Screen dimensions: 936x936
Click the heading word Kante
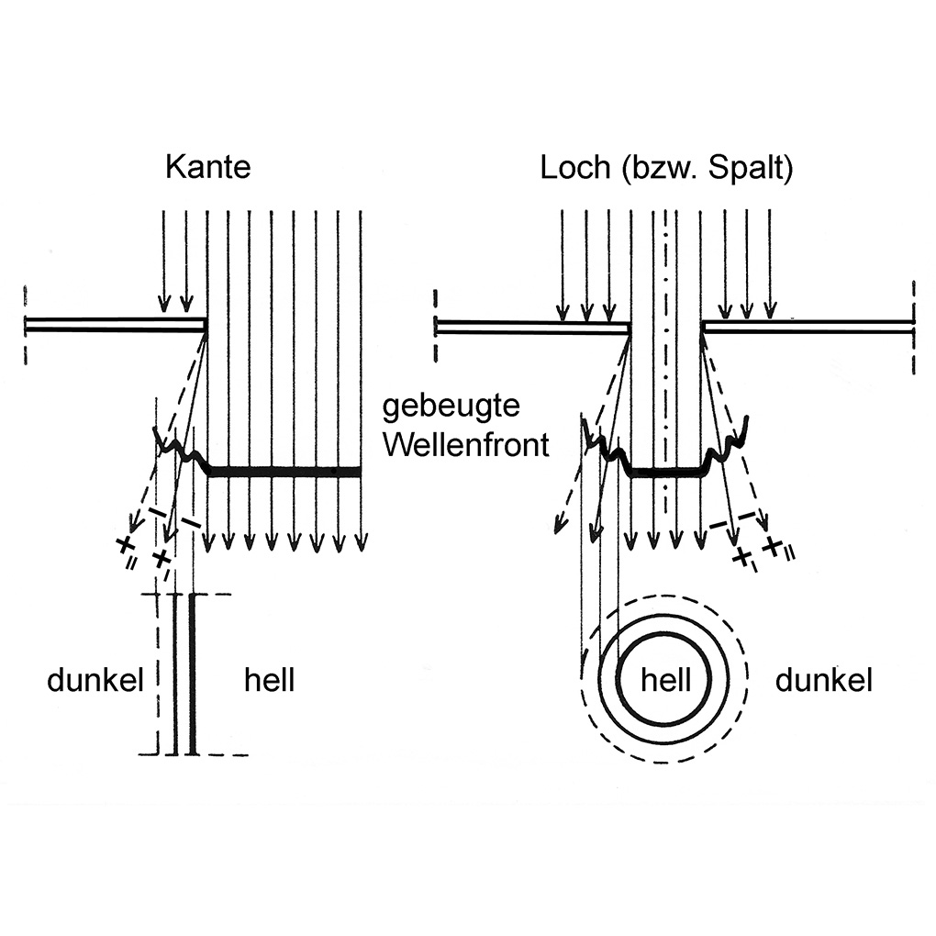[207, 167]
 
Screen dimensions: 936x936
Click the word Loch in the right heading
[574, 167]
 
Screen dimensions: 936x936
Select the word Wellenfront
[465, 445]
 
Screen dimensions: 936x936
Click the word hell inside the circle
[665, 680]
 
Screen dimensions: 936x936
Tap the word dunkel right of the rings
[824, 680]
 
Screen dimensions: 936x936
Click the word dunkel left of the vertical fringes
[95, 680]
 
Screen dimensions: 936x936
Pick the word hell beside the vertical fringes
[269, 680]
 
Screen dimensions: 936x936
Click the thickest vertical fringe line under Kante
[192, 674]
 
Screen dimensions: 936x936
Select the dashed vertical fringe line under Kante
[158, 674]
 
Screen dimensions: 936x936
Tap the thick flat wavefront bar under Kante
[284, 472]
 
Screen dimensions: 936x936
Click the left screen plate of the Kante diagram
[116, 326]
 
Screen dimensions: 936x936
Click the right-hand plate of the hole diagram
[808, 326]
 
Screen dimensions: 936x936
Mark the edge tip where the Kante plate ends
[206, 326]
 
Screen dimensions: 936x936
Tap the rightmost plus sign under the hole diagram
[773, 546]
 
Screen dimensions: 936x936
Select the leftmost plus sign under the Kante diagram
[124, 544]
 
